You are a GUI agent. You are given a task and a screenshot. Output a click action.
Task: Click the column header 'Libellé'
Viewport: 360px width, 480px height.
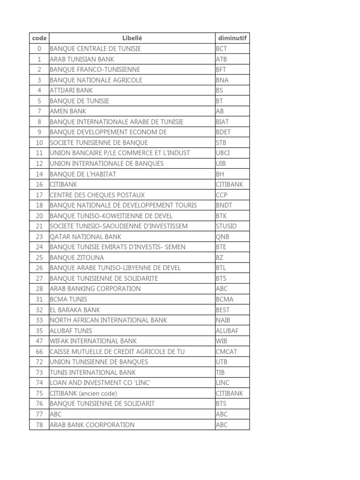coord(132,38)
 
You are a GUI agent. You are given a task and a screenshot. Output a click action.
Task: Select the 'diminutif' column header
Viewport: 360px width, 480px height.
coord(232,38)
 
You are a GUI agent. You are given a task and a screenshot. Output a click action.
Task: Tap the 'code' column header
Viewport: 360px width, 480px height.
coord(39,38)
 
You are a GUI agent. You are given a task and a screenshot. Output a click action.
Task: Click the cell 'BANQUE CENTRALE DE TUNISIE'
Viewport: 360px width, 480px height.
coord(95,49)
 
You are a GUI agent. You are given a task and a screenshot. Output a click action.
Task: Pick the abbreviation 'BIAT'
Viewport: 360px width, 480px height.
coord(223,122)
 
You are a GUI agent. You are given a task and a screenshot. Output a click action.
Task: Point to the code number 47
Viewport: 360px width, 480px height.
coord(39,341)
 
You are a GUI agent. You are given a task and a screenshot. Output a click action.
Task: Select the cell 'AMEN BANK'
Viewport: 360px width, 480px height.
coord(68,111)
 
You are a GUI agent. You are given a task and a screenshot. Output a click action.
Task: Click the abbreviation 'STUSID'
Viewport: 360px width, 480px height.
coord(226,226)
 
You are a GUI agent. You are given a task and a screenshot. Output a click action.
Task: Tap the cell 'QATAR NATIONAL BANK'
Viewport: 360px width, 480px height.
coord(85,237)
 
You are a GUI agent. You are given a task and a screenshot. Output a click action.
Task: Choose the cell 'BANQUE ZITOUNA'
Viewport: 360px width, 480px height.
coord(77,257)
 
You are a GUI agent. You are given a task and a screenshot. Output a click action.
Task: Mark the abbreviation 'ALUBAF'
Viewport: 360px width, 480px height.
coord(227,330)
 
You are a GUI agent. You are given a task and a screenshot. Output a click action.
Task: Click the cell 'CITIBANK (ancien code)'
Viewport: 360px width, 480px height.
coord(83,393)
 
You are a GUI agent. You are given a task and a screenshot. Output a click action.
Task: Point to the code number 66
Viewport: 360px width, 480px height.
coord(39,352)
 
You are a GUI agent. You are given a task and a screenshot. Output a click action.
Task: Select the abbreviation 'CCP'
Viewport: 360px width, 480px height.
coord(222,195)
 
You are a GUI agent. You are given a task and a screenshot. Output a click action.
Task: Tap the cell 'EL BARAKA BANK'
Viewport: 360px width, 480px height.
coord(75,310)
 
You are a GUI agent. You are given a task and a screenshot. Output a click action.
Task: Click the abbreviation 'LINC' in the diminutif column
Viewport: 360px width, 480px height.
coord(223,383)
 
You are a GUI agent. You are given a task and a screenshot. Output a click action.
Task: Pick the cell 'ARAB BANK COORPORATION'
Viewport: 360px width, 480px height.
coord(92,425)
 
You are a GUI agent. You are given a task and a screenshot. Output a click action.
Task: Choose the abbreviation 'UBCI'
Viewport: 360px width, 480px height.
coord(223,153)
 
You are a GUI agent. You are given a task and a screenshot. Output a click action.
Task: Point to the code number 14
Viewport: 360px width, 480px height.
coord(39,174)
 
